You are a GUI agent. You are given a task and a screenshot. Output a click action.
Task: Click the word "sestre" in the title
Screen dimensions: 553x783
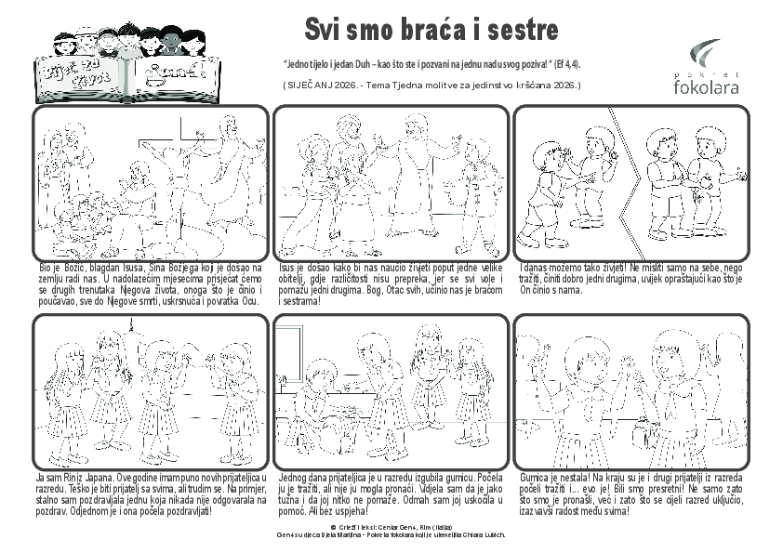pos(510,29)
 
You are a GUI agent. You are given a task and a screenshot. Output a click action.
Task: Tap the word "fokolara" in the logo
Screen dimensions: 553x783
pos(706,87)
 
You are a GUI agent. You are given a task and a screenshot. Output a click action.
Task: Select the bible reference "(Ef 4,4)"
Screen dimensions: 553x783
pos(568,65)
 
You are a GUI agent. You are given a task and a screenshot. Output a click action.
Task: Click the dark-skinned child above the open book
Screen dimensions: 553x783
pos(171,40)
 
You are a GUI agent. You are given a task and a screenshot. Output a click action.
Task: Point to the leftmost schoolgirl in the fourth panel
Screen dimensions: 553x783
pos(71,400)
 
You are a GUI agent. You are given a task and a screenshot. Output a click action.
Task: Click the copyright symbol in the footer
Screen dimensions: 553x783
pos(320,527)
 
